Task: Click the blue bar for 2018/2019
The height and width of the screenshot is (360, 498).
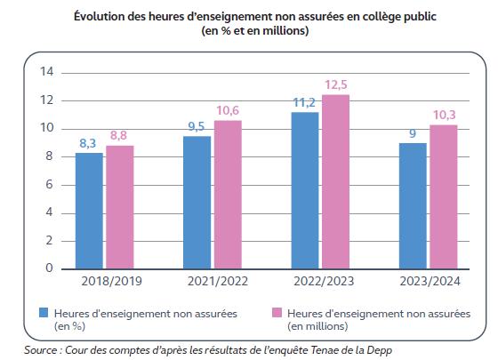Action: (89, 211)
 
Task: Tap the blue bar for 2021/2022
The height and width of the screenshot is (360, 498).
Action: (197, 202)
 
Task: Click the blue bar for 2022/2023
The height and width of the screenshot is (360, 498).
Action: (305, 190)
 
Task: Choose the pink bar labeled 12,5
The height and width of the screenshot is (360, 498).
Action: (334, 181)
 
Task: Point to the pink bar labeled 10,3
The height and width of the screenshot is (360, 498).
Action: (443, 196)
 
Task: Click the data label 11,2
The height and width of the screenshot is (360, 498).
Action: (305, 102)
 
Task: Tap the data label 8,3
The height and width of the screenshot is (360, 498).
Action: (89, 142)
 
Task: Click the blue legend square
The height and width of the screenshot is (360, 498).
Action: (43, 313)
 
